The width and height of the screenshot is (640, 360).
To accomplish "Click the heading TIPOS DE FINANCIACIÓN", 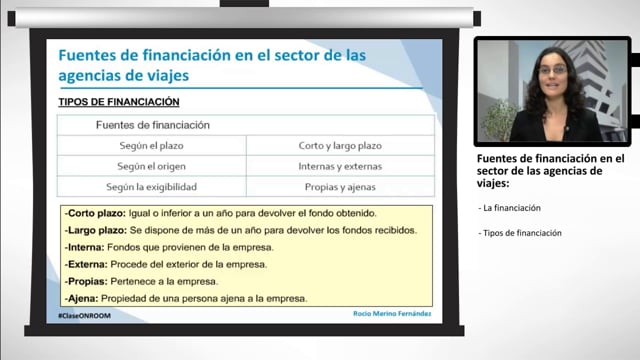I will [122, 102].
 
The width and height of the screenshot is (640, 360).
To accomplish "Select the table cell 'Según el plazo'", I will [151, 145].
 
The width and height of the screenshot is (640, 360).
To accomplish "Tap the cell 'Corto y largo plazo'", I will [340, 145].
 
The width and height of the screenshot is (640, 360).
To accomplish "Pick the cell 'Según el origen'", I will [151, 166].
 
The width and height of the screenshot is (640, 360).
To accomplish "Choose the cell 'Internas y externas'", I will [340, 166].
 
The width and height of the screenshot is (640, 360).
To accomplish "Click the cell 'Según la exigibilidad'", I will [151, 187].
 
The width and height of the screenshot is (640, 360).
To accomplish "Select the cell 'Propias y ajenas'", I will [340, 187].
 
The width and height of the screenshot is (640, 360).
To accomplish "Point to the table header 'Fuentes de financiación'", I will [152, 125].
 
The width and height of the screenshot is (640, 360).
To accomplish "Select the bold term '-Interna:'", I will [87, 247].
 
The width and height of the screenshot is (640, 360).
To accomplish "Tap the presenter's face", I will [554, 73].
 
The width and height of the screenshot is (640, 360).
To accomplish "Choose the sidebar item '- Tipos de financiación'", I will [520, 233].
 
